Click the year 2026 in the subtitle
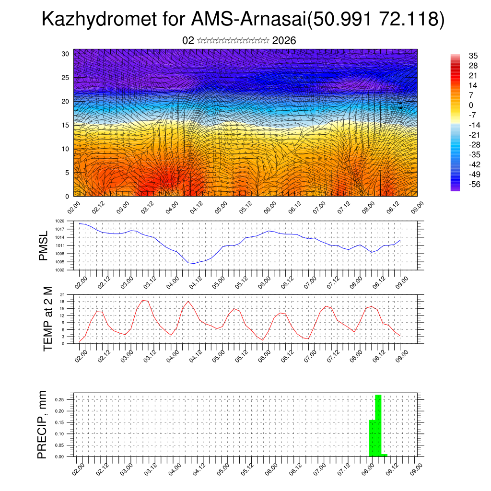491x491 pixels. [284, 41]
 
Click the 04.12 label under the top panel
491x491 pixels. [197, 207]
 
